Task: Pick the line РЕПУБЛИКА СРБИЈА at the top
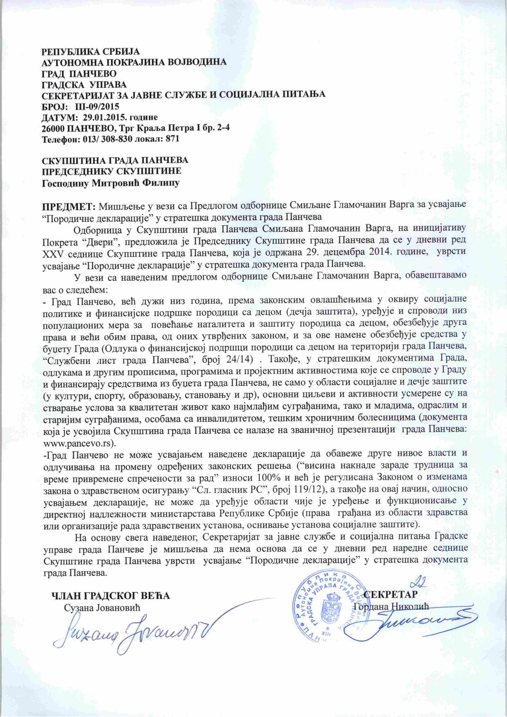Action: click(x=91, y=52)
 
